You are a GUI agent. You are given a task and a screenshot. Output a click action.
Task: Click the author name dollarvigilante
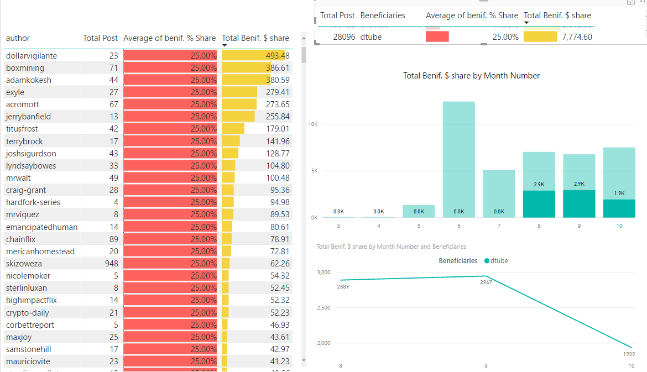coord(32,56)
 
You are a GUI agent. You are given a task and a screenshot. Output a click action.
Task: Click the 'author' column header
coord(18,38)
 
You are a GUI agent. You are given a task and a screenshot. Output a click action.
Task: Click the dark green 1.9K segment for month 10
coord(619,208)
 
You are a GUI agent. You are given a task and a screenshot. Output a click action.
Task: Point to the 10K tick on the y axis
coord(313,124)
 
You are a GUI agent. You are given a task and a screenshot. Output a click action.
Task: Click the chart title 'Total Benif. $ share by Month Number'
coord(471,76)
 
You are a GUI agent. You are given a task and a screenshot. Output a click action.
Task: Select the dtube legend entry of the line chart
coord(495,261)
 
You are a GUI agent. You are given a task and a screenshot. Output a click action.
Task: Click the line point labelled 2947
coord(486,276)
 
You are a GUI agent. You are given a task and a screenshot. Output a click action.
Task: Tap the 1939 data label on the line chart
coord(628,354)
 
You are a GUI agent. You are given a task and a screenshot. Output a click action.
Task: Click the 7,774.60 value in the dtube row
coord(577,37)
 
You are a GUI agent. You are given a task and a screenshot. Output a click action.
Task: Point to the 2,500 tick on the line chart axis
coord(323,308)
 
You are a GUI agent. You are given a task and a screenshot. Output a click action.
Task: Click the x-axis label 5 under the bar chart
coord(419,226)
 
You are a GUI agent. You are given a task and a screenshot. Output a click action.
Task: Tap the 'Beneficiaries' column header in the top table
coord(383,15)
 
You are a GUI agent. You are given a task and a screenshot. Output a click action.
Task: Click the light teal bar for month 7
coord(499,193)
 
